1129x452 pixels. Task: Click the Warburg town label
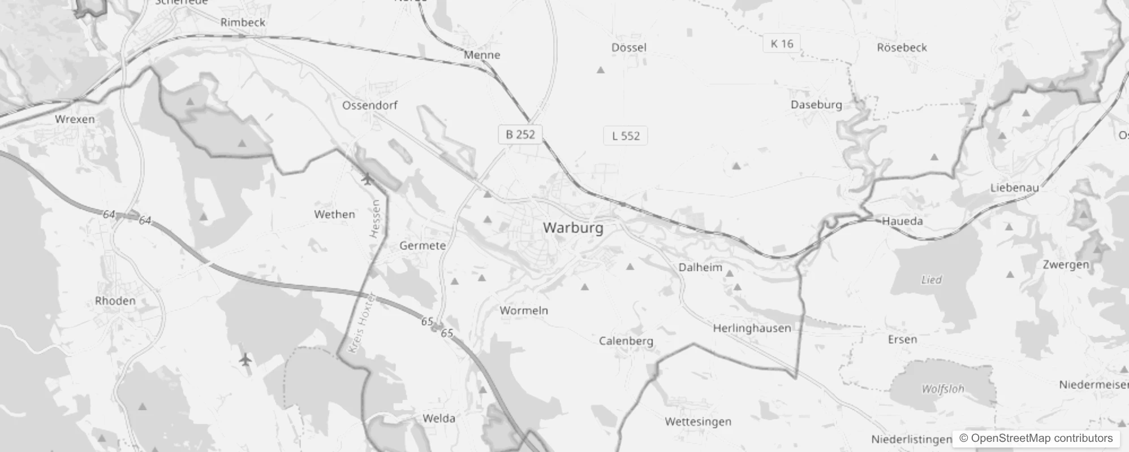(573, 228)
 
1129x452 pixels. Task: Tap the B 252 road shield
(520, 134)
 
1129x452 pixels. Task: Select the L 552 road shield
(626, 136)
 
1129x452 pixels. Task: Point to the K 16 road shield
(782, 44)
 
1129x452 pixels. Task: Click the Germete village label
(423, 246)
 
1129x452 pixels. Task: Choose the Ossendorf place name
(369, 105)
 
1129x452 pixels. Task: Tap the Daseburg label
(816, 105)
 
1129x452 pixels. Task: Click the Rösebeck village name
(902, 47)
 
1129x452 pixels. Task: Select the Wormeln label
(524, 310)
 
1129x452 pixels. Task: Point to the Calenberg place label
(626, 341)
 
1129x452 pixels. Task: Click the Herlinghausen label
(752, 328)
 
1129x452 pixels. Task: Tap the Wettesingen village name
(698, 421)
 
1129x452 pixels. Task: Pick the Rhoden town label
(115, 301)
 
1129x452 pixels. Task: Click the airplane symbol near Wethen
(367, 180)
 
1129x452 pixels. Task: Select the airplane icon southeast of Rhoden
(245, 359)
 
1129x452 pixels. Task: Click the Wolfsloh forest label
(942, 389)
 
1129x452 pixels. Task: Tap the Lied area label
(931, 280)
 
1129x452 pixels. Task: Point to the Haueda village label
(902, 221)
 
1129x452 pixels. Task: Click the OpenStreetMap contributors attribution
(1036, 438)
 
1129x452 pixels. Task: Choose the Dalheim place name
(700, 267)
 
